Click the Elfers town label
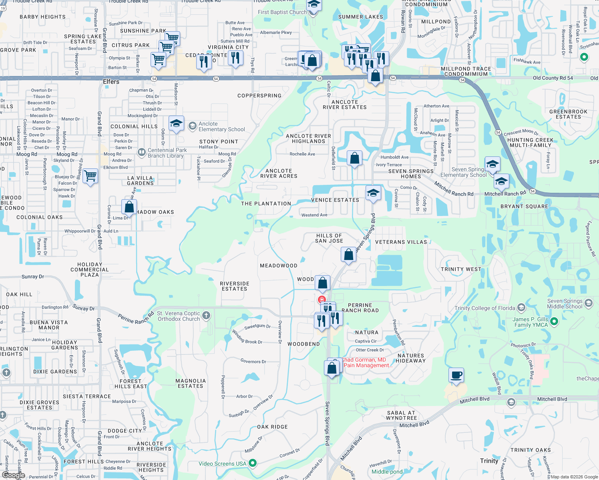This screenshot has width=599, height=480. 111,82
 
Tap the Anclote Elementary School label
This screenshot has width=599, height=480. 221,127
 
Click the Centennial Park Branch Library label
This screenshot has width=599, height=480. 167,153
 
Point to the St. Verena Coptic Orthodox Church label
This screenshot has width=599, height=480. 179,316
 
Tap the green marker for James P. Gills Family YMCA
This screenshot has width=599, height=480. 554,321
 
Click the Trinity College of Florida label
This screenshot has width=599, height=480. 484,308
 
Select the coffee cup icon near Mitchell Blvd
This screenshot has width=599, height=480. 456,375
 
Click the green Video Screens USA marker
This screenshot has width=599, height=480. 253,463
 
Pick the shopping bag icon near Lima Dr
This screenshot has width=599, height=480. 129,207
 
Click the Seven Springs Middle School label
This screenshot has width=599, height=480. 565,304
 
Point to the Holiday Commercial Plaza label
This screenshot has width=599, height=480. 90,270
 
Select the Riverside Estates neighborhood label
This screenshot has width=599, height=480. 235,286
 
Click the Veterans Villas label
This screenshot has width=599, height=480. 401,242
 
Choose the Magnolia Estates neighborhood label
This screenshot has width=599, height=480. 191,383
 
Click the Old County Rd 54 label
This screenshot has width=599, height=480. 553,78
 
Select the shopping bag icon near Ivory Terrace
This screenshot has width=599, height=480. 354,158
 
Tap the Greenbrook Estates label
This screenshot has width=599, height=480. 568,114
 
